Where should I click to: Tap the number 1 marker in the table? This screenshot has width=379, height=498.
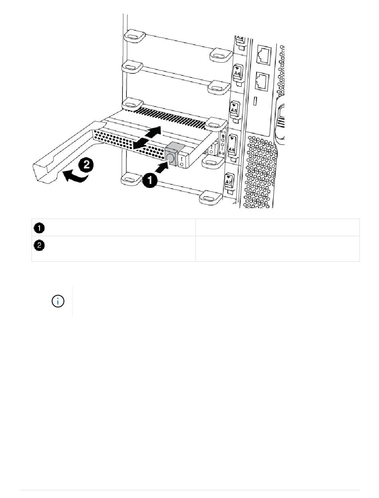tap(39, 228)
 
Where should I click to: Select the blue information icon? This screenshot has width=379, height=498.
tap(58, 301)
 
